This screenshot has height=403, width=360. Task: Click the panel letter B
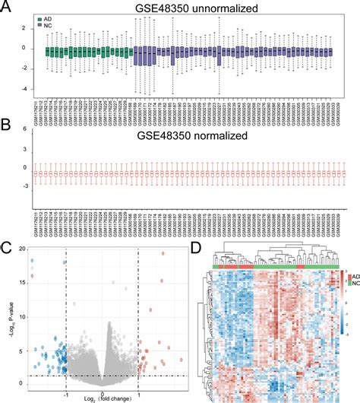(x=7, y=124)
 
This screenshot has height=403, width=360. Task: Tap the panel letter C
(x=7, y=246)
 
